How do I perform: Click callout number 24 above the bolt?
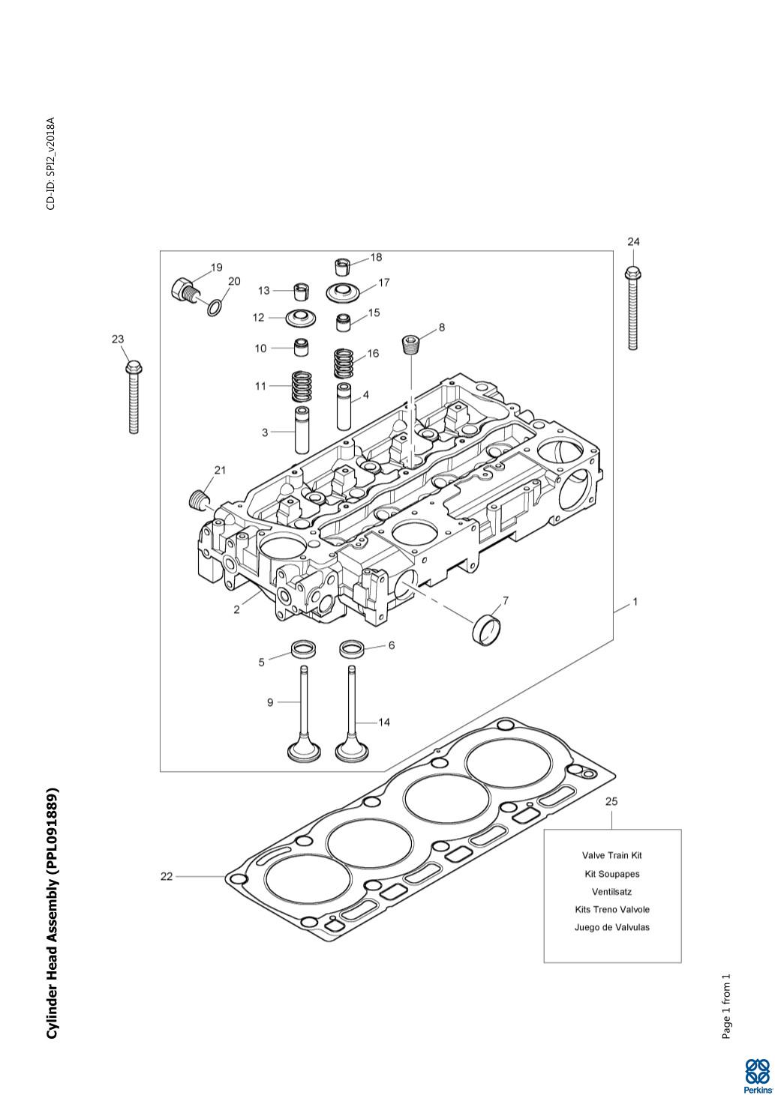pyautogui.click(x=633, y=241)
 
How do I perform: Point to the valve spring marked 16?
pyautogui.click(x=344, y=364)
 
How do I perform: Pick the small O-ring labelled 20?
pyautogui.click(x=215, y=307)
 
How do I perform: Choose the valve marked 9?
pyautogui.click(x=304, y=712)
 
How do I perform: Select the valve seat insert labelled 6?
pyautogui.click(x=350, y=648)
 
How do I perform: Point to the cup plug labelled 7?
pyautogui.click(x=487, y=629)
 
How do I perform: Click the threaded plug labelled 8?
pyautogui.click(x=412, y=344)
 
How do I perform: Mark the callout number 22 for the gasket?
pyautogui.click(x=166, y=876)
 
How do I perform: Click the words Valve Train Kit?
pyautogui.click(x=611, y=855)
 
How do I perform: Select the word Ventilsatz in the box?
pyautogui.click(x=611, y=892)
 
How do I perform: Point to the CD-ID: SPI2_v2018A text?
pyautogui.click(x=51, y=163)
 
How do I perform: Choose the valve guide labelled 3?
pyautogui.click(x=302, y=430)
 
